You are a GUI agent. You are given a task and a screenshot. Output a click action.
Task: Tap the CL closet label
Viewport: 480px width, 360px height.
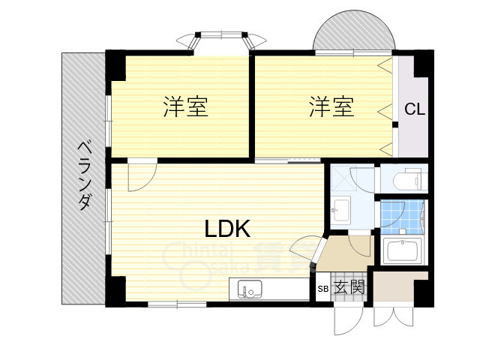[x=415, y=109]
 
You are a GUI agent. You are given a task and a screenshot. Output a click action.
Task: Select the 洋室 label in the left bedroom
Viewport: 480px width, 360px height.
[x=186, y=107]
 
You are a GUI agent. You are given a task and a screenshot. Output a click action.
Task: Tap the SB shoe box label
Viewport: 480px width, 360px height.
[x=322, y=288]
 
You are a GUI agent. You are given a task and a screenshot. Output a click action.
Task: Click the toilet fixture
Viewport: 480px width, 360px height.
[x=405, y=180]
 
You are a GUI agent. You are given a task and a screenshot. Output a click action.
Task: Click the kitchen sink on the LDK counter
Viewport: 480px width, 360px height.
[x=251, y=288]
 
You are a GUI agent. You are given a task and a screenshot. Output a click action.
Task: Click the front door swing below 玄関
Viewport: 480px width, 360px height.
[x=347, y=317]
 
